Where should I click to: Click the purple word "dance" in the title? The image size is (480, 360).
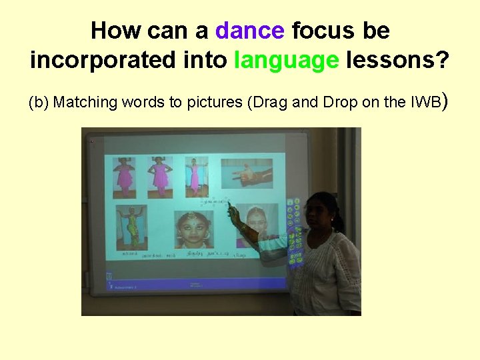click(x=249, y=31)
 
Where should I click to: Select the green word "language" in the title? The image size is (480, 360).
click(x=287, y=60)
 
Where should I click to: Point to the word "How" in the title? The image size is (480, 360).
click(x=110, y=31)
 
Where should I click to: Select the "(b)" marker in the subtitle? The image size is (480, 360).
click(x=38, y=103)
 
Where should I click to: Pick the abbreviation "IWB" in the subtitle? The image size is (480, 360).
click(x=427, y=103)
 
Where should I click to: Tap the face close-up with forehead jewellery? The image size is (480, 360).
click(x=193, y=229)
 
